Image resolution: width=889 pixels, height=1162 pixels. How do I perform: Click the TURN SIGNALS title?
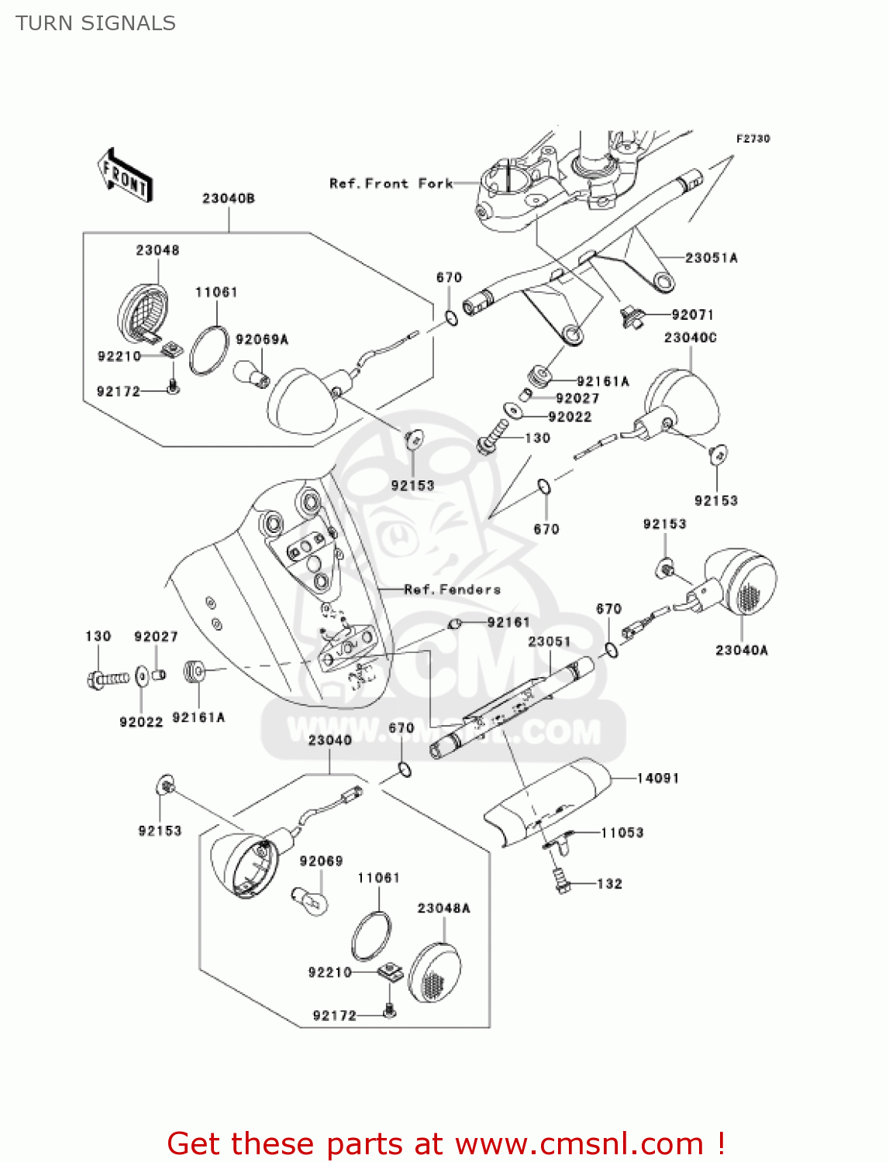tap(95, 23)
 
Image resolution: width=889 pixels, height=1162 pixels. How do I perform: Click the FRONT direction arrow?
tap(125, 176)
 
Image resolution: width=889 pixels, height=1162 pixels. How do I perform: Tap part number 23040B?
tap(228, 199)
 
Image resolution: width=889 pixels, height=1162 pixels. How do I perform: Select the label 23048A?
tap(443, 908)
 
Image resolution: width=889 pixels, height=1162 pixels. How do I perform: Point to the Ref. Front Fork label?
tap(391, 184)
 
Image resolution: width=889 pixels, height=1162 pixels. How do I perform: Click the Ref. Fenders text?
tap(452, 590)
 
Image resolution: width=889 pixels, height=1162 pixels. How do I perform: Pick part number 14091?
tap(657, 778)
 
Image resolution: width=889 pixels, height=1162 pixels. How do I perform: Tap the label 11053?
tap(622, 833)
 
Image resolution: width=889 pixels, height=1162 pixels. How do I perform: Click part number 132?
tap(609, 884)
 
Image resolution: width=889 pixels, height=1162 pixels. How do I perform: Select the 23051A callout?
tap(711, 258)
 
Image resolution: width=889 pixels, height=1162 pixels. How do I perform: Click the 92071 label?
tap(692, 315)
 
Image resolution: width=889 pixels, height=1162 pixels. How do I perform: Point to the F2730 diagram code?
tap(753, 139)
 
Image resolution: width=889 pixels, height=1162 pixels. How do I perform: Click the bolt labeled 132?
tap(562, 879)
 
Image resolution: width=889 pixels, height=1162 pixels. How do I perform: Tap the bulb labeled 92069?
tap(311, 900)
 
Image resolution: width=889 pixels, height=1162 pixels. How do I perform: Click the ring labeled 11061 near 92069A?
tap(208, 350)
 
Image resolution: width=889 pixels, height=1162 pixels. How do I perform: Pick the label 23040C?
tap(690, 338)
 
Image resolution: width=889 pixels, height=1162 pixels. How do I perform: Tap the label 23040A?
tap(741, 651)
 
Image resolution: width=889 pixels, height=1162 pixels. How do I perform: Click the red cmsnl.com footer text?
tap(446, 1143)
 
